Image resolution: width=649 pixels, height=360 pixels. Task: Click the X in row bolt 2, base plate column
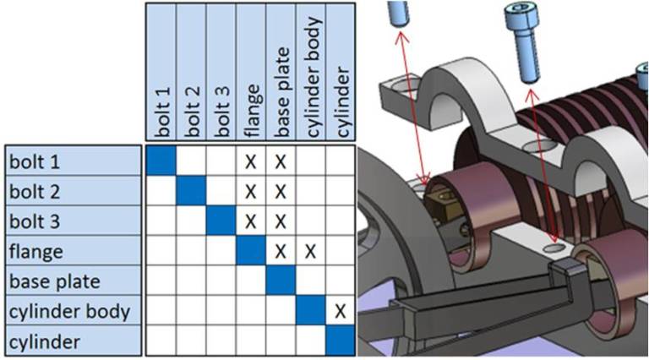[x=280, y=190]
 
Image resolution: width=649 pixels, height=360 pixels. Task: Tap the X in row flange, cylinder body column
[x=310, y=251]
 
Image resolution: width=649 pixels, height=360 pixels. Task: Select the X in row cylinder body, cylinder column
[x=340, y=311]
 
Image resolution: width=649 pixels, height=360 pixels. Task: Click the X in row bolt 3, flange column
[x=250, y=221]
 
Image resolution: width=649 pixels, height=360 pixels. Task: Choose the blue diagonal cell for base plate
[x=280, y=281]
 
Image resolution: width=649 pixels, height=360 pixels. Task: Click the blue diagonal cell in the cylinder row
[x=340, y=341]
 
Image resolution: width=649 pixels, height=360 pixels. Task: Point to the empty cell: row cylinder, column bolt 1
[x=161, y=341]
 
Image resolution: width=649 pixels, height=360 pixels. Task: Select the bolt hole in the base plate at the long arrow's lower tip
[x=554, y=250]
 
